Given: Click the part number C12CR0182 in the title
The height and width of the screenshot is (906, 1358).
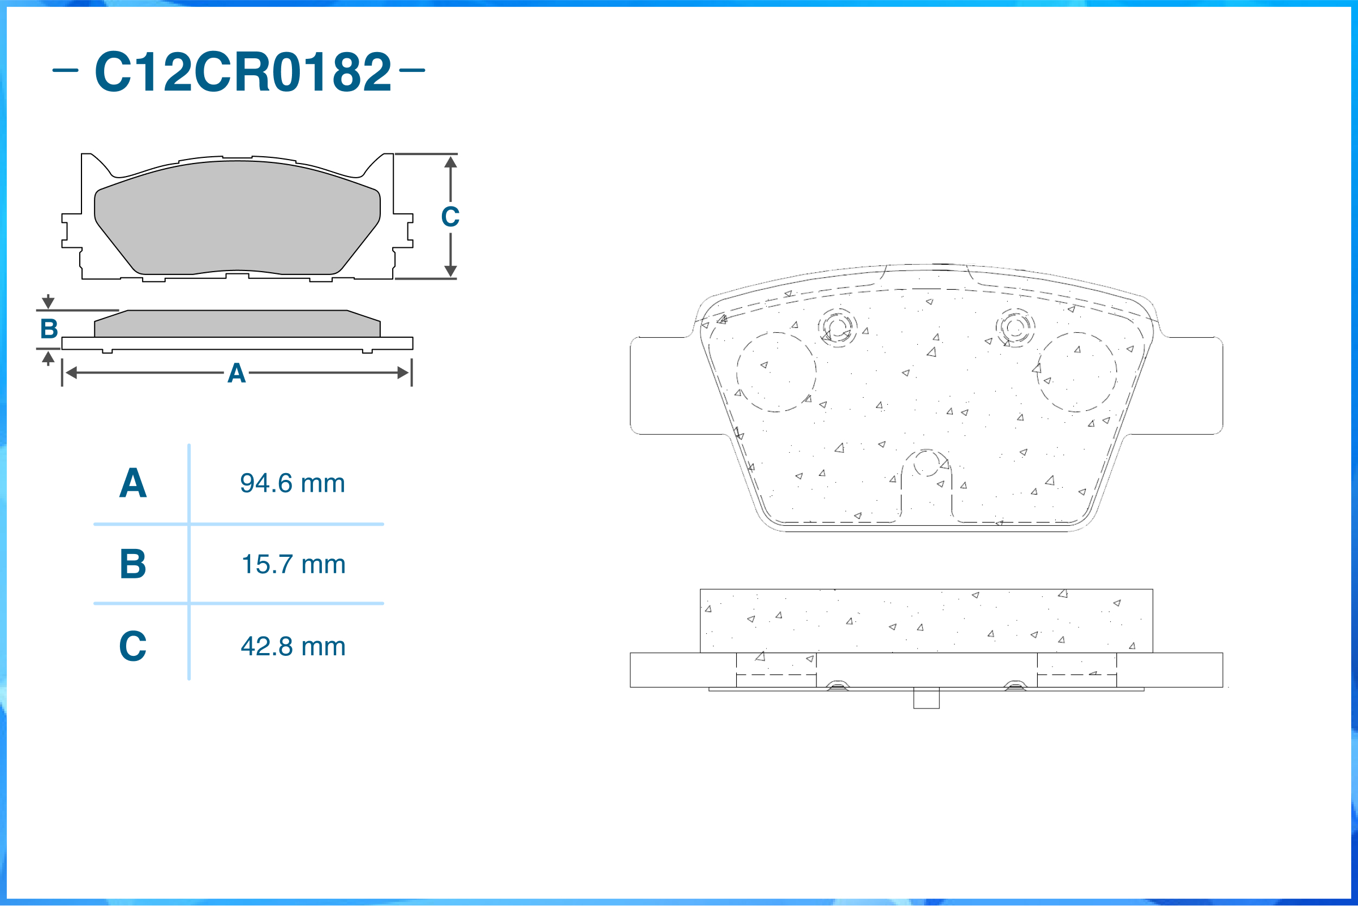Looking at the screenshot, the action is tap(243, 72).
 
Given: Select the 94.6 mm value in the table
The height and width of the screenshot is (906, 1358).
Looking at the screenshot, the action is tap(293, 484).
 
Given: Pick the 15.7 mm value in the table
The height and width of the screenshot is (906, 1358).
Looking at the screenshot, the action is tap(294, 565).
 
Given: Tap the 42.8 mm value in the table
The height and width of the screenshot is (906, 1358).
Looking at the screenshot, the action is tap(294, 647).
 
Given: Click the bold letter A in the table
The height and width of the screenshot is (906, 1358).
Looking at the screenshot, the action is tap(133, 483).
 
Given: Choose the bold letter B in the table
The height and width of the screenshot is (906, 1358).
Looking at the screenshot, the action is tap(133, 564).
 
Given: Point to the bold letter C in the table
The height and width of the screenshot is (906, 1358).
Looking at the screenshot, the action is tap(133, 646).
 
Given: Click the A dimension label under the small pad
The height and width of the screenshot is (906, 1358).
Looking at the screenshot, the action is tap(237, 373).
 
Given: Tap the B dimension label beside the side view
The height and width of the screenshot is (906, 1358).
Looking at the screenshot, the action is tap(49, 329).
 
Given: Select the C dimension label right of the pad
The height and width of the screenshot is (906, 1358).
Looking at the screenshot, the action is tap(450, 217).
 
